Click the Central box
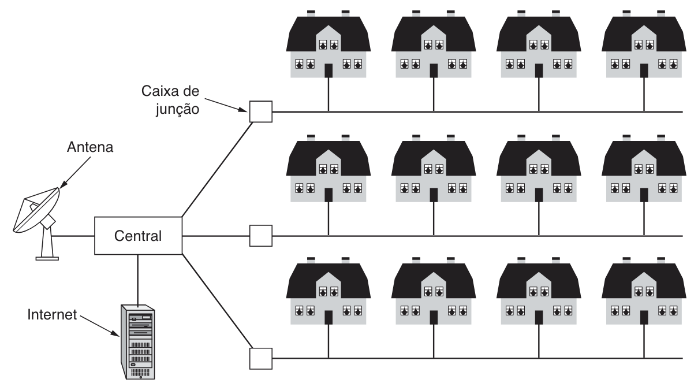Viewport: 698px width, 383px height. tap(137, 236)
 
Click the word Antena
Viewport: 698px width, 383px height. tap(89, 147)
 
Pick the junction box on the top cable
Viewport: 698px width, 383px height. tap(260, 111)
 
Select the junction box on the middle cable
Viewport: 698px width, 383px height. tap(260, 236)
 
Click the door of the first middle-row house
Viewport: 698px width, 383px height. tap(329, 195)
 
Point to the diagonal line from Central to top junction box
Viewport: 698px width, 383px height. tap(217, 168)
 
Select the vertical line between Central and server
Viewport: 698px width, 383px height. tap(138, 277)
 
